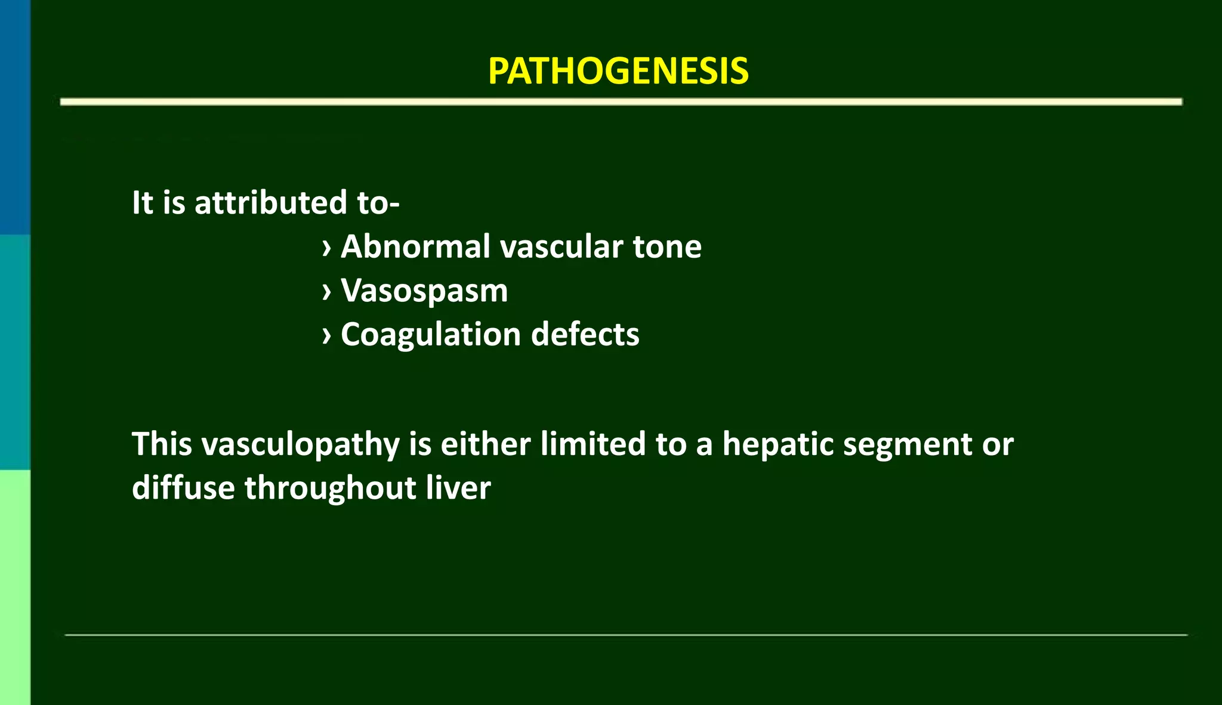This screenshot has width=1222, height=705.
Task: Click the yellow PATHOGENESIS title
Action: (x=618, y=72)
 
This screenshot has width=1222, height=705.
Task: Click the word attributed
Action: (x=271, y=203)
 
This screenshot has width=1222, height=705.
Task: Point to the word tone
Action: (x=667, y=246)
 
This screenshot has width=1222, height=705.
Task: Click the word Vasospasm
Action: (x=424, y=291)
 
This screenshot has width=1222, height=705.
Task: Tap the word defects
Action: (x=585, y=334)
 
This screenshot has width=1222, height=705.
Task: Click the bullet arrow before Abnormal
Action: (x=326, y=248)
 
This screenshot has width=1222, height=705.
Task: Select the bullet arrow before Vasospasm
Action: (x=326, y=292)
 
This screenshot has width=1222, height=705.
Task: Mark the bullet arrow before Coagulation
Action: (x=326, y=336)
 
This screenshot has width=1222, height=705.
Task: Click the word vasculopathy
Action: (x=300, y=445)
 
